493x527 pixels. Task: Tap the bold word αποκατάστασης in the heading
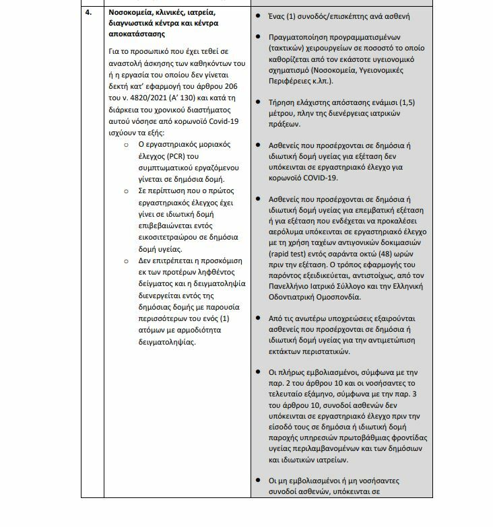coord(135,34)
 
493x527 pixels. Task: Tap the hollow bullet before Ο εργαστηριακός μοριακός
coord(128,145)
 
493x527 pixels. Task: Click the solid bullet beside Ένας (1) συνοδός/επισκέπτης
coord(261,16)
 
